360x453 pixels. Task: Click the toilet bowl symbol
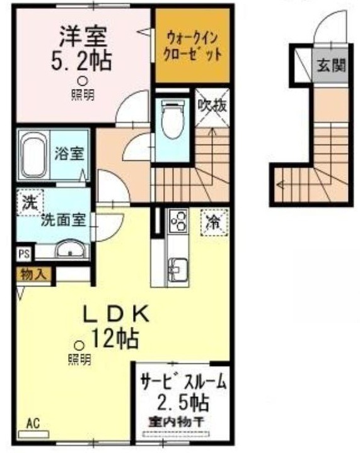[172, 119]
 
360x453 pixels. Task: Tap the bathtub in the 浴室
[34, 156]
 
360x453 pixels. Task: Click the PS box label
[24, 254]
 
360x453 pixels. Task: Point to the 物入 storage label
[34, 274]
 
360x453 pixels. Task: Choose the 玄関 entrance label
[332, 66]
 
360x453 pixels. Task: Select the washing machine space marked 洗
[30, 203]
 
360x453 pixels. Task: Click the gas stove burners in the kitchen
[179, 221]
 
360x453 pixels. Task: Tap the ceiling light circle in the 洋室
[83, 81]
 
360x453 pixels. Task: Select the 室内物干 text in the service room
[177, 423]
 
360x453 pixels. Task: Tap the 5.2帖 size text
[81, 60]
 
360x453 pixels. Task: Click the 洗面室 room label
[64, 221]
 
